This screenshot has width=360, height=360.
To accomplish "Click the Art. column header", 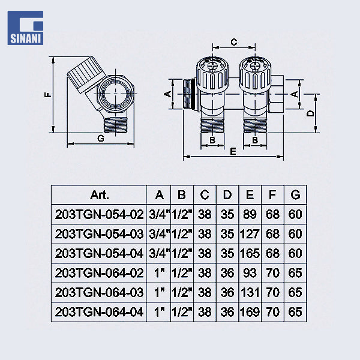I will point(99,195).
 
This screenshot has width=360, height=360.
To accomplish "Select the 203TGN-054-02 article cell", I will point(99,214).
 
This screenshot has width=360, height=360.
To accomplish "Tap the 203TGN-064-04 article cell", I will point(99,311).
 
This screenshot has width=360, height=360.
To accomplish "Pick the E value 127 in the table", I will point(250,233).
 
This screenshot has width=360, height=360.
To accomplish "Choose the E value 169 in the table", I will point(250,311).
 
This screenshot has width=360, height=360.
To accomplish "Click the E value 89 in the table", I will point(250,214).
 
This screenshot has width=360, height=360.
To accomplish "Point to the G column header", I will point(295,195).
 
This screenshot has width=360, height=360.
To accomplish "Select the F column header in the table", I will point(272,195).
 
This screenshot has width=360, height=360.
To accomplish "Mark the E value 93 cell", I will point(250,272).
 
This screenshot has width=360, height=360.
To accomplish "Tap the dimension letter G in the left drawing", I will point(100,138).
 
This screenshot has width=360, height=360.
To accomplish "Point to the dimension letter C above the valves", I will point(234,42).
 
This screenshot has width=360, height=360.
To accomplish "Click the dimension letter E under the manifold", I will point(233,151).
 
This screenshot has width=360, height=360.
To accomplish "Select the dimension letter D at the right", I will point(310,114).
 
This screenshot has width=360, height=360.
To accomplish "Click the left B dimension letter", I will point(212,140).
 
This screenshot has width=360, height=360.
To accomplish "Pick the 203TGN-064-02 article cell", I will point(99,272).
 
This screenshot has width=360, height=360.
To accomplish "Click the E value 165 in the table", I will point(250,253).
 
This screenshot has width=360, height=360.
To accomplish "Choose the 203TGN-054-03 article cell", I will point(99,233).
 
